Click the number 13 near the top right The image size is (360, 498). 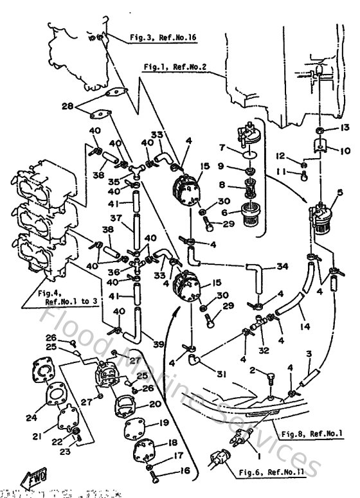[345, 129]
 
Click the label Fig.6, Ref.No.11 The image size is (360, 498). [278, 472]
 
